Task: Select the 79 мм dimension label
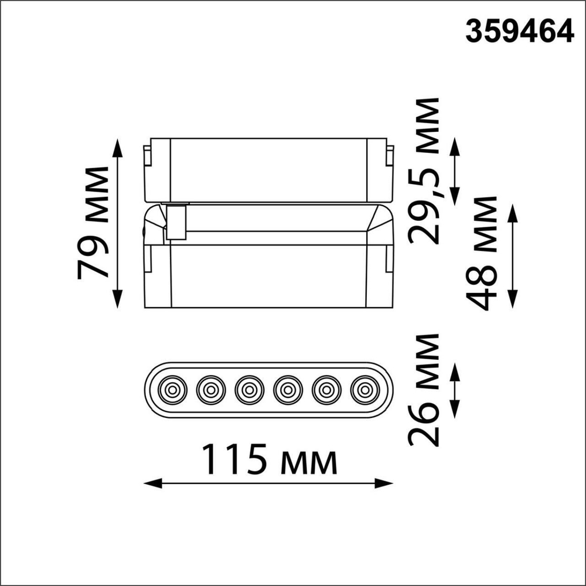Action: tap(94, 222)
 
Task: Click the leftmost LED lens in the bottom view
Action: tap(172, 389)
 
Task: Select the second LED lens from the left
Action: tap(210, 389)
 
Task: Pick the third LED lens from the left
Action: tap(249, 389)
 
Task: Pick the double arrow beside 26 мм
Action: tap(455, 390)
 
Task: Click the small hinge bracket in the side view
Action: tap(176, 222)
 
